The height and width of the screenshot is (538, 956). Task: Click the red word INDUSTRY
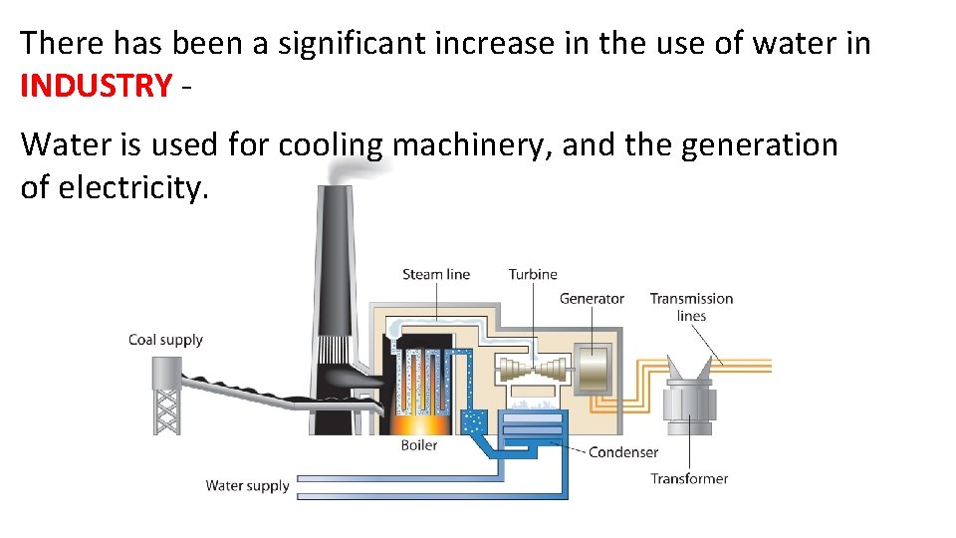(x=96, y=86)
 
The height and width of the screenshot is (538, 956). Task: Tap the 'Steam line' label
(x=435, y=274)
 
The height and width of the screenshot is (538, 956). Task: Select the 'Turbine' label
(x=533, y=274)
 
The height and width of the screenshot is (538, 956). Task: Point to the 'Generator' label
(x=592, y=298)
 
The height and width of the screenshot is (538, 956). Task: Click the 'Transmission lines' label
(x=691, y=307)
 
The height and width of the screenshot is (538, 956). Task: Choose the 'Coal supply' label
(x=165, y=340)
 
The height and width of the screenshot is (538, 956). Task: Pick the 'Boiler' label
(x=418, y=445)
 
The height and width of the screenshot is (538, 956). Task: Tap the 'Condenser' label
(x=623, y=452)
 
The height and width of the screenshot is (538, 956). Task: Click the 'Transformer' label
(x=689, y=478)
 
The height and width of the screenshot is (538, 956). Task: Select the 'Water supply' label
(x=247, y=486)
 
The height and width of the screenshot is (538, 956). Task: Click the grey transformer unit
(x=688, y=399)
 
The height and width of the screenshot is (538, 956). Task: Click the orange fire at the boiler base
(x=417, y=423)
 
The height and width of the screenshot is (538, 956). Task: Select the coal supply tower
(x=166, y=394)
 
